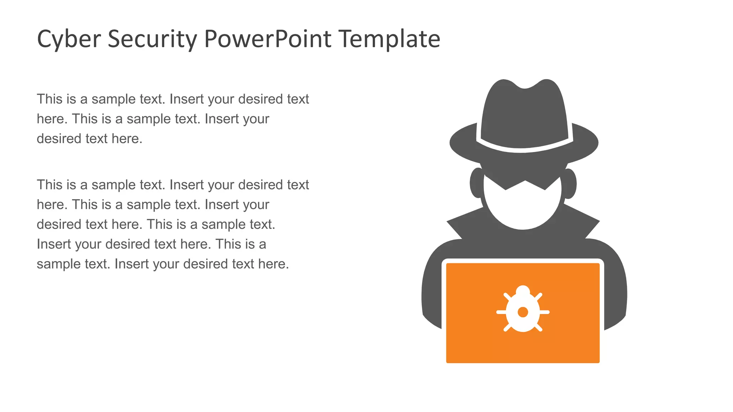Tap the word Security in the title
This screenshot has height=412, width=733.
click(x=152, y=39)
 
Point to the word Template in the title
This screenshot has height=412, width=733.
click(x=389, y=39)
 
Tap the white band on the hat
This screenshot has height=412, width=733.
click(x=524, y=148)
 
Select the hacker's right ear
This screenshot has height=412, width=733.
click(x=570, y=183)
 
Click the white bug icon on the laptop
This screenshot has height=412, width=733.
click(x=523, y=311)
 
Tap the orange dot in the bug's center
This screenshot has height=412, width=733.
click(x=523, y=312)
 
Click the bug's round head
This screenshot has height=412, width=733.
click(x=523, y=290)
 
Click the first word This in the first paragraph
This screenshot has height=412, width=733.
click(x=49, y=99)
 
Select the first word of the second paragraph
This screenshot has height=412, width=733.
click(x=49, y=185)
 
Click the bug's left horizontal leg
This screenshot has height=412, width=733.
click(x=501, y=312)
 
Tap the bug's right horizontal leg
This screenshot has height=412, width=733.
click(x=544, y=312)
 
